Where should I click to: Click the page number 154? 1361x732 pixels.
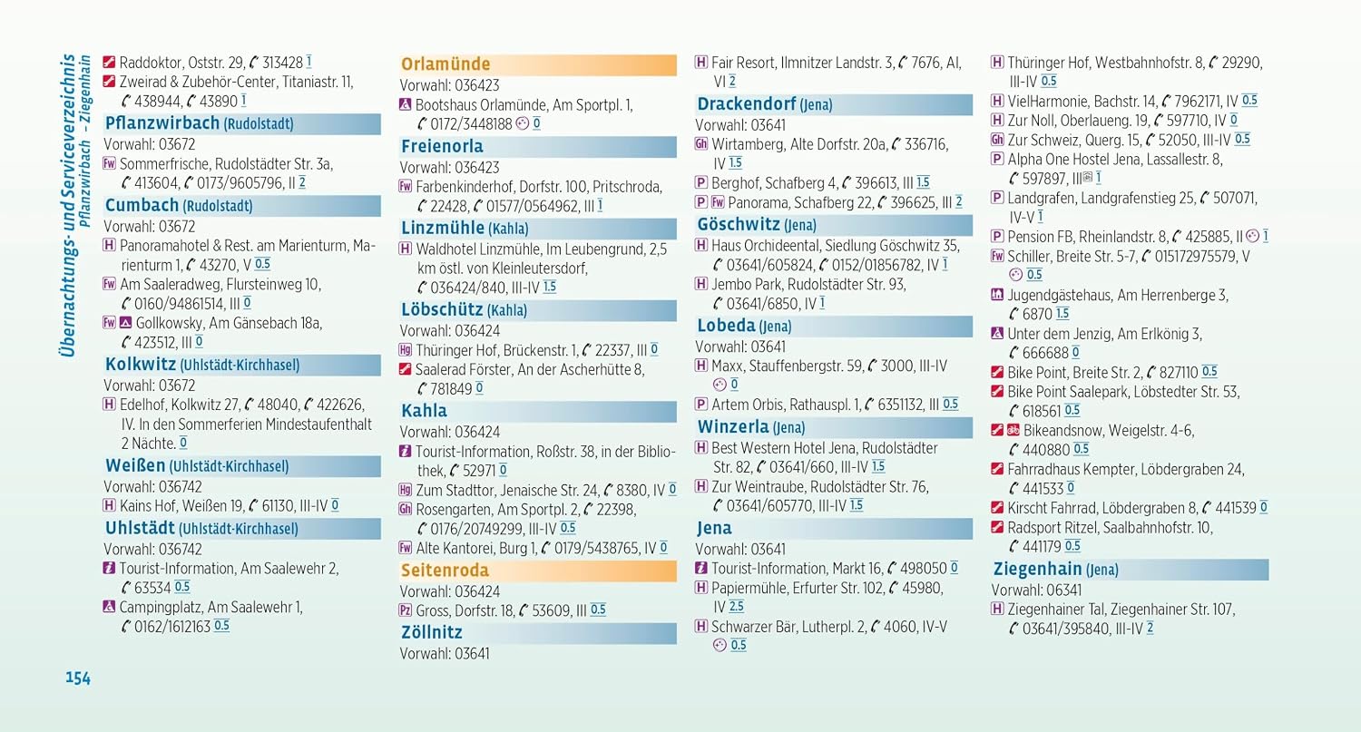[x=78, y=678]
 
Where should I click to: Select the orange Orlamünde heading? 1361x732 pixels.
[x=446, y=64]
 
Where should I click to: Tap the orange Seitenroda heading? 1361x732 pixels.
[x=445, y=571]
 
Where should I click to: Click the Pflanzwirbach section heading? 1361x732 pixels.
[x=200, y=123]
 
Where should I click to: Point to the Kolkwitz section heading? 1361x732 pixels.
[x=202, y=365]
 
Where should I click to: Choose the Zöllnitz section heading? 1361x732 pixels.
[x=432, y=632]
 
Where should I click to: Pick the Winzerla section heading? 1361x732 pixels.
[x=751, y=427]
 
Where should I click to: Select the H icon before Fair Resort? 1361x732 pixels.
[x=701, y=62]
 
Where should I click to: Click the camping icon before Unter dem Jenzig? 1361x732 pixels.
[x=997, y=333]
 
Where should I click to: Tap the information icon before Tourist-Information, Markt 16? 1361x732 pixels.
[x=701, y=568]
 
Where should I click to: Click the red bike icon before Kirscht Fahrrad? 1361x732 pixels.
[x=997, y=507]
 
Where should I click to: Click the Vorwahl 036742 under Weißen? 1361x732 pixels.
[x=152, y=487]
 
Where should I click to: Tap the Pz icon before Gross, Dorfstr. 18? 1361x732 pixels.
[x=406, y=610]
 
